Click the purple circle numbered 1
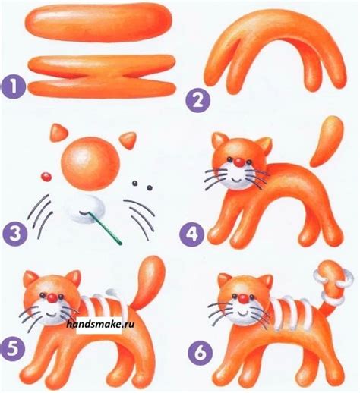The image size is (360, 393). coord(13,87)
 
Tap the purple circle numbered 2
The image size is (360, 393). coord(197,101)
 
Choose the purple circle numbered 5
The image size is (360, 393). coord(12,351)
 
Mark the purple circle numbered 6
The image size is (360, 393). coord(200,353)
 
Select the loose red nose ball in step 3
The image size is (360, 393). coord(46,177)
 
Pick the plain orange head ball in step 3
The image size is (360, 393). coord(90,164)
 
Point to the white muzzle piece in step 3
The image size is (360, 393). coord(87,209)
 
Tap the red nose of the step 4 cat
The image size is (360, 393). coord(238,162)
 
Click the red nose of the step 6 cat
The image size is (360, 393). coord(244,299)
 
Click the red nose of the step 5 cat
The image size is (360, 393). coord(52,298)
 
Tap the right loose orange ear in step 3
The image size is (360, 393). coord(128,140)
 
